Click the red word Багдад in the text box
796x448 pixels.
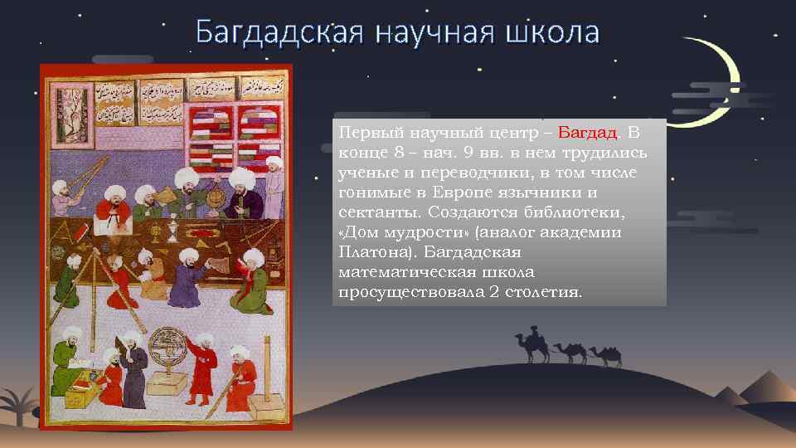588,133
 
